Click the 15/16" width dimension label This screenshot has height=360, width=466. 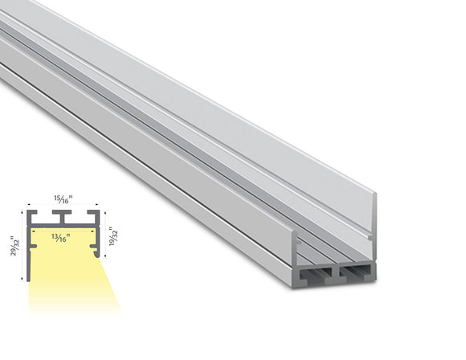pos(63,198)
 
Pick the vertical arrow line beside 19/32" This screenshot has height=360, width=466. pos(104,235)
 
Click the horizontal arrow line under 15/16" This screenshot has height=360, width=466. pos(63,206)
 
